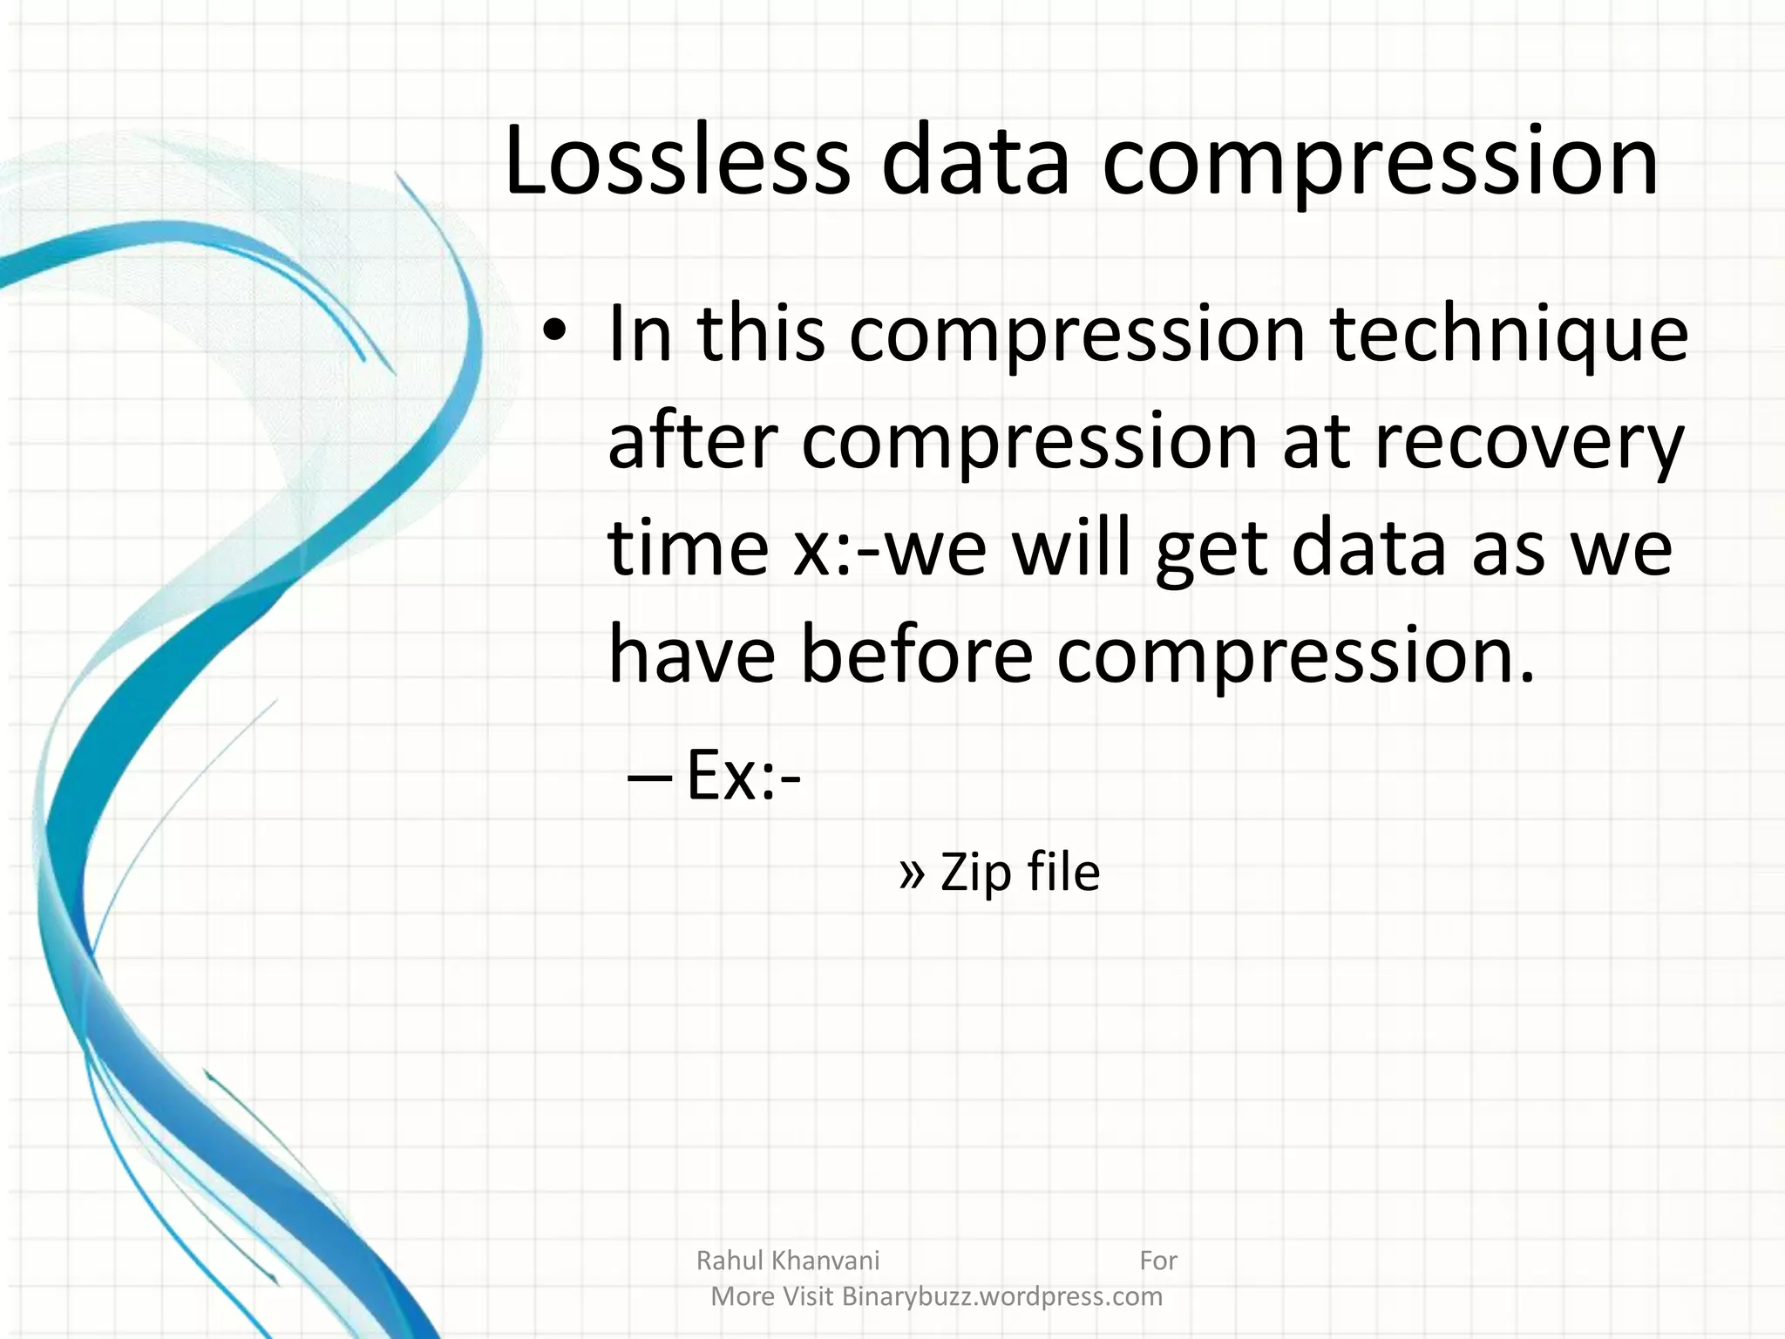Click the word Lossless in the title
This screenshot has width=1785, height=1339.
(x=676, y=161)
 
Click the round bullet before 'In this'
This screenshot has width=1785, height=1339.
(x=554, y=332)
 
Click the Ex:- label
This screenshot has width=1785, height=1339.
(x=743, y=776)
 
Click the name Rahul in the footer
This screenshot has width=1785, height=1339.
(x=730, y=1261)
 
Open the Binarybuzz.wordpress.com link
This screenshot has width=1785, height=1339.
(x=1002, y=1296)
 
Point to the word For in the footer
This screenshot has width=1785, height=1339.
(x=1158, y=1261)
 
